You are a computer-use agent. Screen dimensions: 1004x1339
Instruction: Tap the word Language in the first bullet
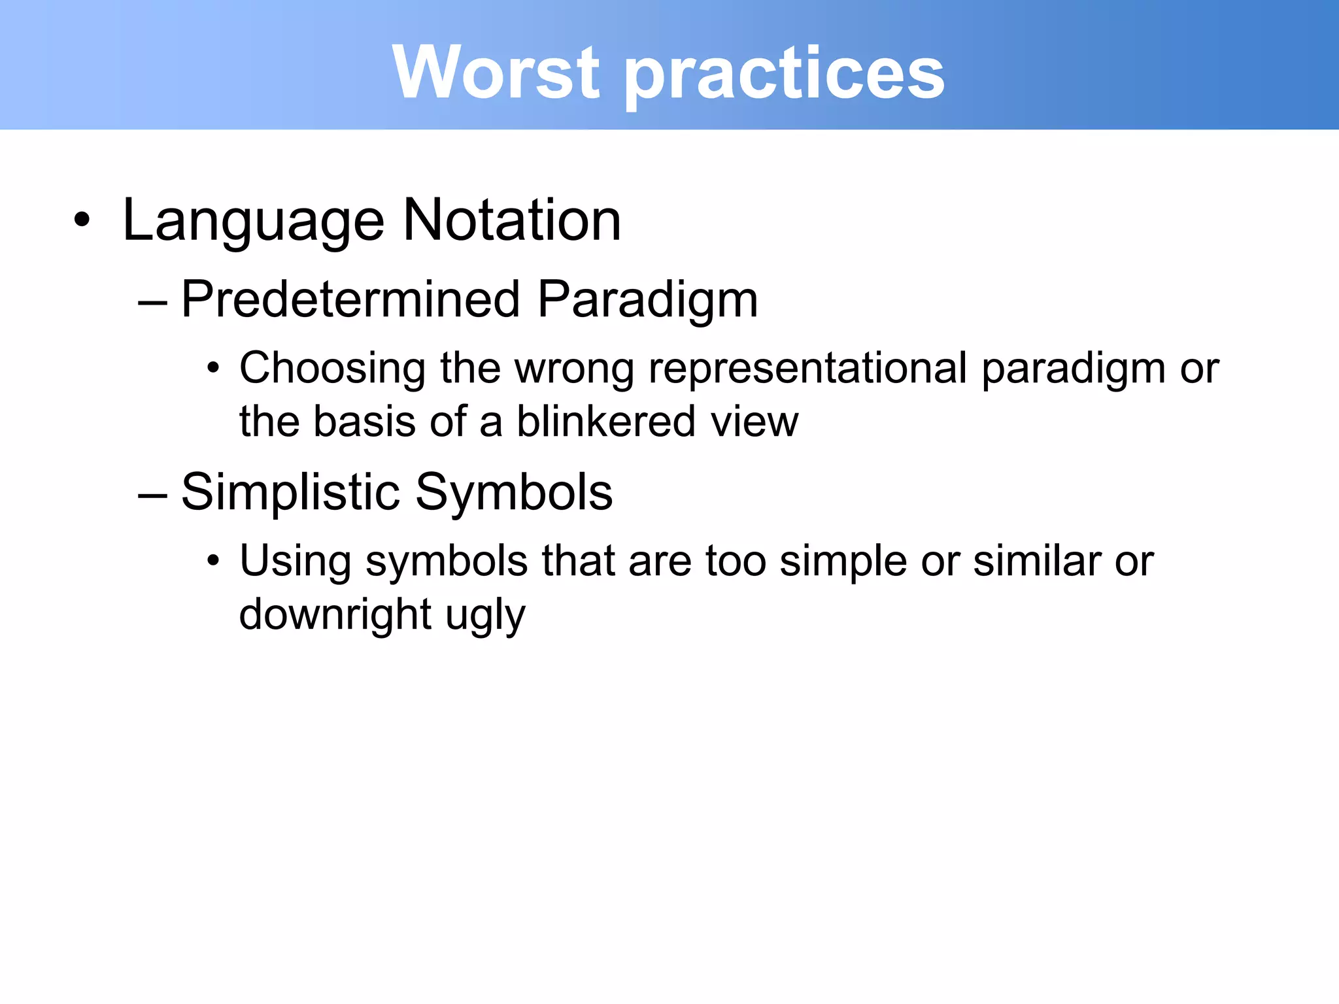point(253,221)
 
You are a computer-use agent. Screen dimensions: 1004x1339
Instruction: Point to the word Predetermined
point(350,299)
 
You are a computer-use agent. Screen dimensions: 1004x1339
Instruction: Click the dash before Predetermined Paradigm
point(153,303)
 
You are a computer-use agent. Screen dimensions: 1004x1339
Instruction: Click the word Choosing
point(332,369)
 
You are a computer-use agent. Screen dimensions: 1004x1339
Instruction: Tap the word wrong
point(574,369)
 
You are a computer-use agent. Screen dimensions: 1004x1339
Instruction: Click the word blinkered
point(606,422)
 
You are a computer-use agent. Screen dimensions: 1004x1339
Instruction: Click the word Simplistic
point(290,492)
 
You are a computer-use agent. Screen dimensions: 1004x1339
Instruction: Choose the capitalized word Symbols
point(514,492)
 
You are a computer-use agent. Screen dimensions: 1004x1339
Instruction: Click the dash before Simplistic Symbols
point(153,495)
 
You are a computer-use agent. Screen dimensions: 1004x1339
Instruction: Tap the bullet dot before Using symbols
point(213,561)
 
